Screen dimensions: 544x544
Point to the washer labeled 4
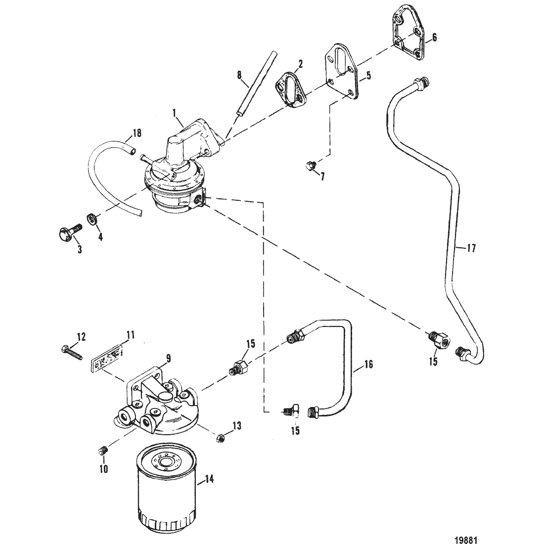click(x=91, y=220)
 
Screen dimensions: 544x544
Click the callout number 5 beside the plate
click(x=368, y=75)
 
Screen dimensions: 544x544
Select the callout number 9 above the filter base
click(x=169, y=358)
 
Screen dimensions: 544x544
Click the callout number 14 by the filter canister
click(x=209, y=479)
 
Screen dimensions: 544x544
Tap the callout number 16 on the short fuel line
click(x=368, y=364)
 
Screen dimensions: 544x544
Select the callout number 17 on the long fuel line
click(x=471, y=248)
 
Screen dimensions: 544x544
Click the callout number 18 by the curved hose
click(x=137, y=133)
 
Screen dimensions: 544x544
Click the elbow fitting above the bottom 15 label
click(x=291, y=410)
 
